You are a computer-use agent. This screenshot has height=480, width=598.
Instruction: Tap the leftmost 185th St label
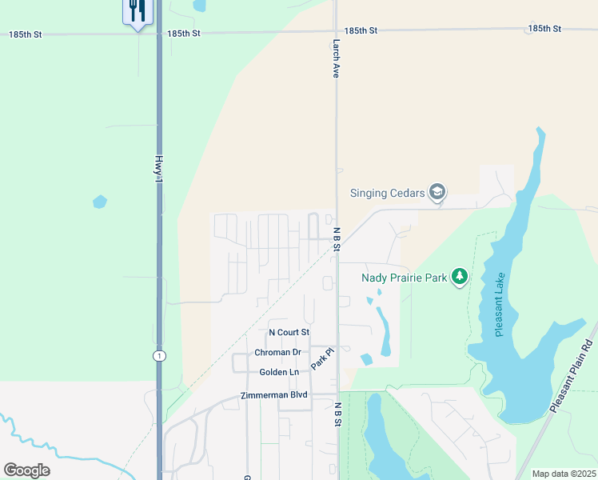[26, 34]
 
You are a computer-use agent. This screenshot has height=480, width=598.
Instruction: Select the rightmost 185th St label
[544, 29]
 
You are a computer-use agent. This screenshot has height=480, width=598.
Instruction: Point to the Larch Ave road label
[337, 59]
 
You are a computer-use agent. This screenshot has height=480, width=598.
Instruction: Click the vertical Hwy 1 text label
[159, 172]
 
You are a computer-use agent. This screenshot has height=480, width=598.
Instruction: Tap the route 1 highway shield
[160, 355]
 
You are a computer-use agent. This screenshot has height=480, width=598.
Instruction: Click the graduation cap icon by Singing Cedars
[437, 192]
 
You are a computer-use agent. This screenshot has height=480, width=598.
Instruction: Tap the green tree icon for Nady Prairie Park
[459, 277]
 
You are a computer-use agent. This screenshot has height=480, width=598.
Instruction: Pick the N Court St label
[289, 332]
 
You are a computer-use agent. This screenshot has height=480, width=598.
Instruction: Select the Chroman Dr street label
[277, 352]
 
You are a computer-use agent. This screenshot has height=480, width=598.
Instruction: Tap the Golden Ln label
[279, 372]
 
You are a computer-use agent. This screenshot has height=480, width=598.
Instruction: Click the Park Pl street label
[321, 357]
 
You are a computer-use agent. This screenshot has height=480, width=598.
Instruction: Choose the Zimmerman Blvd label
[274, 396]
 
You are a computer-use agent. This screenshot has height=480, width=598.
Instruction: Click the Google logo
[26, 470]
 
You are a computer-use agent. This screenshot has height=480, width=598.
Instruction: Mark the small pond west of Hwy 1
[100, 202]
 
